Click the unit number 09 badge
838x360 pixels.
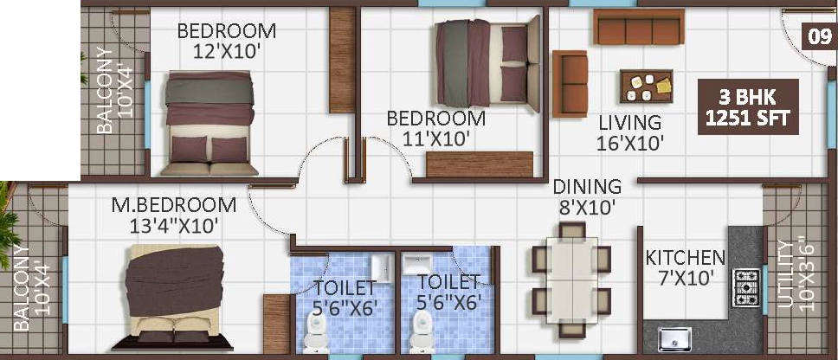tap(818, 38)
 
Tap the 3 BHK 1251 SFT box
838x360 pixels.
tap(748, 106)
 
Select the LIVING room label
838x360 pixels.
tap(629, 123)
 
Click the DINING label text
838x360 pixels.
tap(587, 187)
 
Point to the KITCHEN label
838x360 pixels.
tap(685, 258)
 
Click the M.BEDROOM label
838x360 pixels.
tap(174, 204)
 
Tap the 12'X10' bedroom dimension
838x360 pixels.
tap(227, 51)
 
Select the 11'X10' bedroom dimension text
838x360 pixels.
tap(436, 138)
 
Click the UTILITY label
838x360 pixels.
tap(784, 274)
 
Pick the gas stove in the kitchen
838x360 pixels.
tap(746, 287)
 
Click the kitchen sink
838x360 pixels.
tap(674, 339)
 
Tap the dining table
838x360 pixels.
tap(571, 280)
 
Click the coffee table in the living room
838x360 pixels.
tap(646, 87)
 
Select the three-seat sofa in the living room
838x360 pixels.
tap(639, 27)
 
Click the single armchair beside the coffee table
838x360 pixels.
tap(570, 83)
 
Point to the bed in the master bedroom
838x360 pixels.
tap(174, 298)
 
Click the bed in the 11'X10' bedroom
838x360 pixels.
tap(488, 63)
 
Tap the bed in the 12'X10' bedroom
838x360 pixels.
tap(209, 123)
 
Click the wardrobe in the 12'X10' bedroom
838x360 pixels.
tap(343, 60)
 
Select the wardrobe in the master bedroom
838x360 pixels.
tap(276, 324)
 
